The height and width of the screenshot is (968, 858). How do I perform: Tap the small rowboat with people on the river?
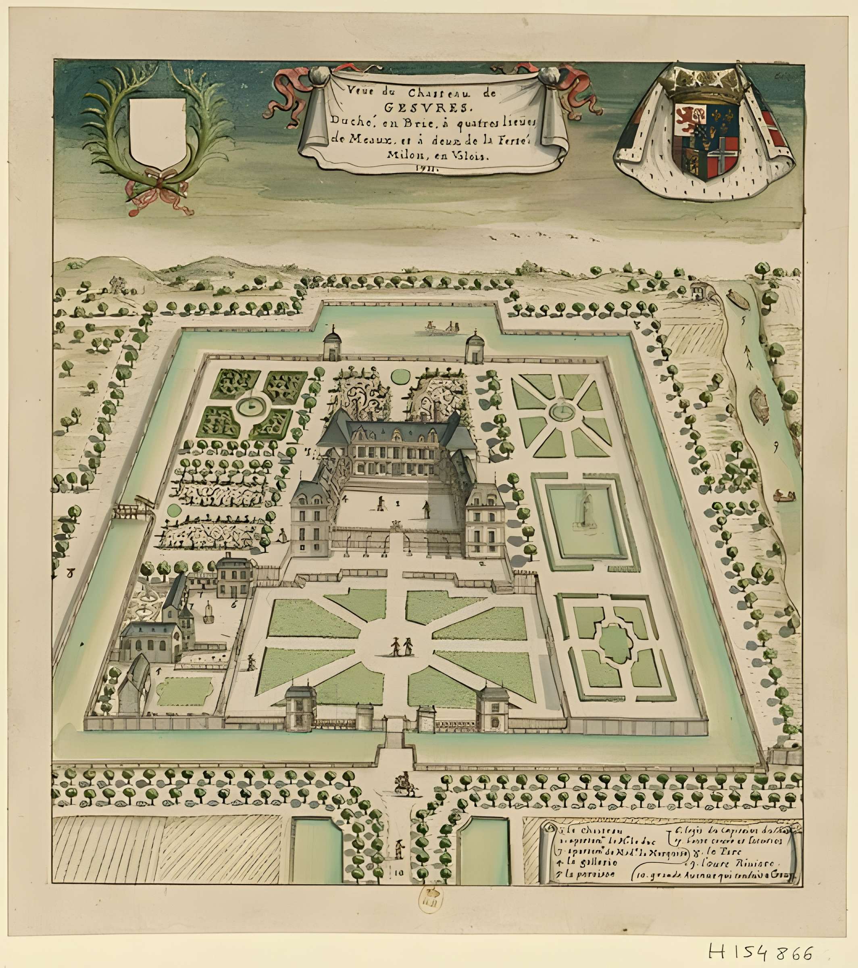784,497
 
